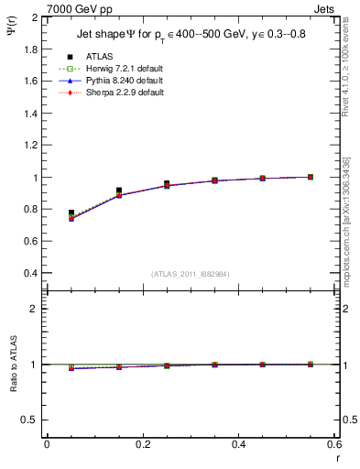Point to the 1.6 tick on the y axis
[x=32, y=81]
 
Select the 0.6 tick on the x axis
[x=333, y=444]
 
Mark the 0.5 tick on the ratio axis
[x=32, y=420]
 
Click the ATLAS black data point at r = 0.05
[x=71, y=213]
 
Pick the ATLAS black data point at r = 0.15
[x=119, y=191]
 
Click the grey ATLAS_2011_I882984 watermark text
[x=189, y=274]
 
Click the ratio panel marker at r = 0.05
[x=71, y=368]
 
